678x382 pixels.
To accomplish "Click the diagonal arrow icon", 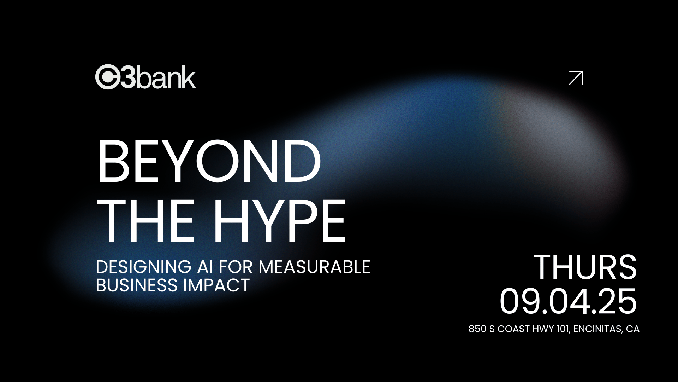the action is pyautogui.click(x=576, y=78).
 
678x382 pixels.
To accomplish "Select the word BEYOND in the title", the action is pyautogui.click(x=209, y=161).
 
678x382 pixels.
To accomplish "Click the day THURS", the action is pyautogui.click(x=585, y=267).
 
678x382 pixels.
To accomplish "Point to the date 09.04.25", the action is pyautogui.click(x=568, y=301).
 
